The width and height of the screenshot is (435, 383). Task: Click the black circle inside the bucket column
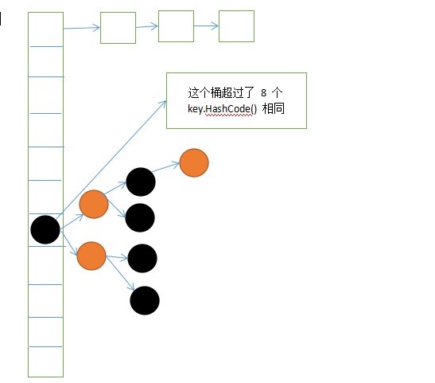(45, 229)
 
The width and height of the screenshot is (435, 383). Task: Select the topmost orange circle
(194, 162)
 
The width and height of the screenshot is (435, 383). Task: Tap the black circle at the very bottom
(145, 300)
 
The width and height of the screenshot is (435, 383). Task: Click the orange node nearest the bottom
(91, 256)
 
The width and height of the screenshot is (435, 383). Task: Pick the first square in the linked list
(118, 28)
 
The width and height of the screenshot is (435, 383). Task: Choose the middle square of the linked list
(176, 26)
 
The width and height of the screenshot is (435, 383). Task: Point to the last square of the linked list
(236, 26)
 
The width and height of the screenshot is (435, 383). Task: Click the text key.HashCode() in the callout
(222, 109)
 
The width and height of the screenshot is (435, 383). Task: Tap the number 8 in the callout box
(263, 92)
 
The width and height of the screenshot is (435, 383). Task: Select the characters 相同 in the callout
(274, 108)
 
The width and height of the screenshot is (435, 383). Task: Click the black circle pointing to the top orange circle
(141, 182)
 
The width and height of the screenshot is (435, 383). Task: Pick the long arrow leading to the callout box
(111, 160)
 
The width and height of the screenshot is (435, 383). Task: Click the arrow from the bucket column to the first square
(82, 28)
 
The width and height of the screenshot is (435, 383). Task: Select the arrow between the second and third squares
(206, 25)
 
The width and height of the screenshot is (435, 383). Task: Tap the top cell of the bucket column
(46, 29)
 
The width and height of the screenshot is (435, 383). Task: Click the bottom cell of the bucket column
(46, 362)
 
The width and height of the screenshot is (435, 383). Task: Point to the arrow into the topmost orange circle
(165, 167)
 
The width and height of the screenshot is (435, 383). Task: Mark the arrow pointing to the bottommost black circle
(120, 273)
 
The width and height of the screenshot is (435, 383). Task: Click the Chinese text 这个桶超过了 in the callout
(221, 92)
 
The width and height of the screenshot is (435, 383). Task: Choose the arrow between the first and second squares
(147, 26)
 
